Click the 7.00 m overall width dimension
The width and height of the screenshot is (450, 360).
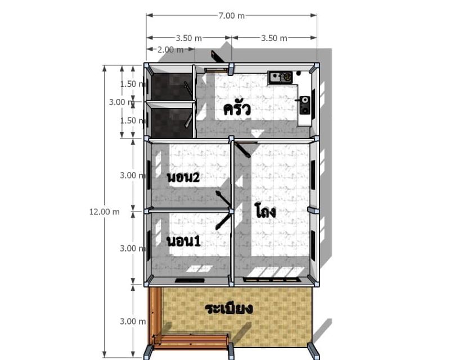click(x=231, y=16)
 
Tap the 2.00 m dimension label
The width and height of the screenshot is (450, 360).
click(x=170, y=49)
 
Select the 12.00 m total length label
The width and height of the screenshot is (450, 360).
click(x=105, y=212)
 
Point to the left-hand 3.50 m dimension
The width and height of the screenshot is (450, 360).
click(x=188, y=38)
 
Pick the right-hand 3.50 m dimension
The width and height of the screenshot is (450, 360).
click(x=274, y=38)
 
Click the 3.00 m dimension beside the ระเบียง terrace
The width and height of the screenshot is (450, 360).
click(x=133, y=321)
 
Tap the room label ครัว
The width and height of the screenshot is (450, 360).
click(x=237, y=109)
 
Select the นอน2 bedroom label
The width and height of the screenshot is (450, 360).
click(x=183, y=178)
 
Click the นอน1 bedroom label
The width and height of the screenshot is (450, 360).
click(x=184, y=241)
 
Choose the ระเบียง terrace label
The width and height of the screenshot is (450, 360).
click(x=229, y=309)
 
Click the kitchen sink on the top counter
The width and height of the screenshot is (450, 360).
click(x=280, y=77)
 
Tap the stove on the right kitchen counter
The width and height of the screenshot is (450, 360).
click(x=305, y=105)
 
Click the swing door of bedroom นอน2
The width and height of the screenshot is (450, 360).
click(x=223, y=198)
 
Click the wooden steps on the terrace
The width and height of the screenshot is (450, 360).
click(x=191, y=341)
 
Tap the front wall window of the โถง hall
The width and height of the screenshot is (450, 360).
click(x=272, y=280)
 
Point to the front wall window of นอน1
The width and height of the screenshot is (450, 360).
click(x=190, y=281)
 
